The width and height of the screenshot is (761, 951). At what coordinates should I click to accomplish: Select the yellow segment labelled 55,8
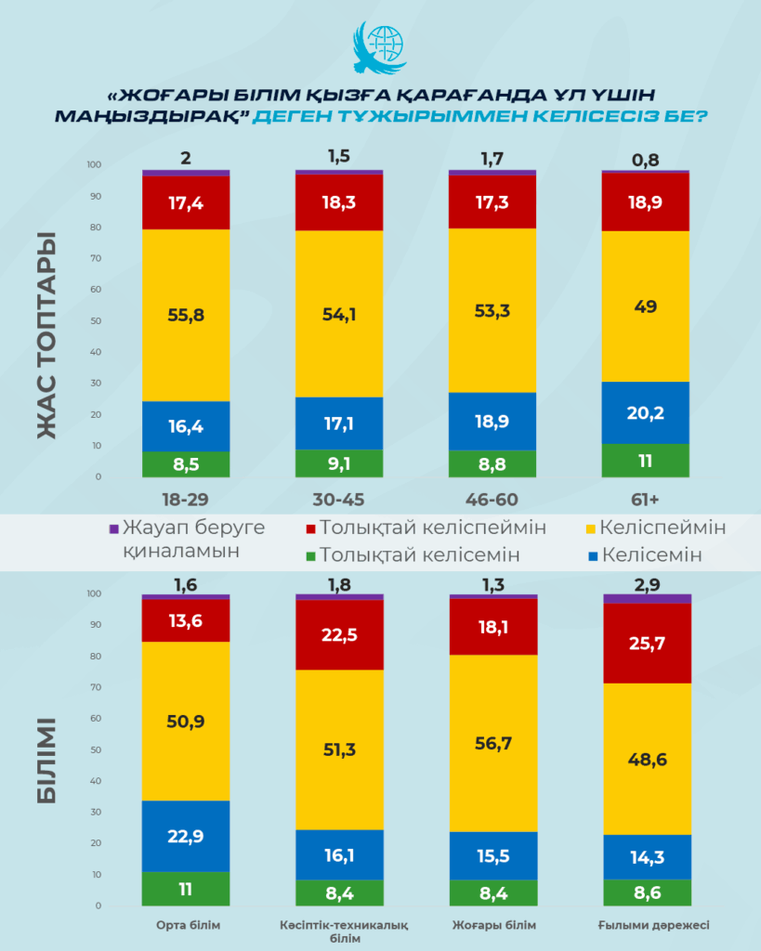tap(186, 315)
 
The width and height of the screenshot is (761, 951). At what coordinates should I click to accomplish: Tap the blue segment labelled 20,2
tap(646, 412)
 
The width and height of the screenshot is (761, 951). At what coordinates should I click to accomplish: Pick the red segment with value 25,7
tap(646, 643)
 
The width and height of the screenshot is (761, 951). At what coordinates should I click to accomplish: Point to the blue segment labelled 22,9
tap(186, 836)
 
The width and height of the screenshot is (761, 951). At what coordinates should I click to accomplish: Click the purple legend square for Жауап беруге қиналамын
tap(114, 528)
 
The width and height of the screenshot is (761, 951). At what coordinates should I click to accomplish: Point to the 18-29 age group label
tap(186, 500)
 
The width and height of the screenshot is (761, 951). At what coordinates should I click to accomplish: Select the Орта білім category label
tap(187, 925)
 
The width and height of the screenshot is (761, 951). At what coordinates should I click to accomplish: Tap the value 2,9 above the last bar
tap(646, 584)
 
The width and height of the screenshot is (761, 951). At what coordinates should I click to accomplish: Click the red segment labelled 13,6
tap(186, 620)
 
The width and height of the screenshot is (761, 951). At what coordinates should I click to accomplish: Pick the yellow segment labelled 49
tap(646, 306)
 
